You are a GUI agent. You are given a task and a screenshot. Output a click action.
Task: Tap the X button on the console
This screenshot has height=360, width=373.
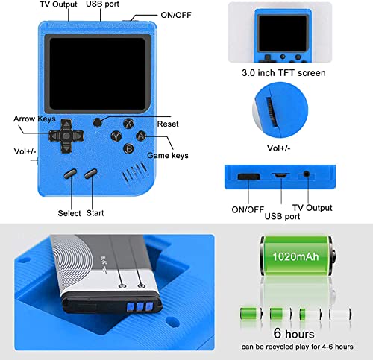[128, 124]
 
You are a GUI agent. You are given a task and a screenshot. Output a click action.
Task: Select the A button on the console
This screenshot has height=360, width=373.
[140, 136]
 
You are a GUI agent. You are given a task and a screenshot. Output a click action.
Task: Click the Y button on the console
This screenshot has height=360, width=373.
[116, 136]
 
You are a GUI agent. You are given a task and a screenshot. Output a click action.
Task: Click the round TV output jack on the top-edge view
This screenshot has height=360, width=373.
[307, 175]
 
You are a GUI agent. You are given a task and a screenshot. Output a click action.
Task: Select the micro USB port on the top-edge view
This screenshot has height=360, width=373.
[280, 175]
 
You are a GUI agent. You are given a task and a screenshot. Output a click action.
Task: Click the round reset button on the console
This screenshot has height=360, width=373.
[96, 121]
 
